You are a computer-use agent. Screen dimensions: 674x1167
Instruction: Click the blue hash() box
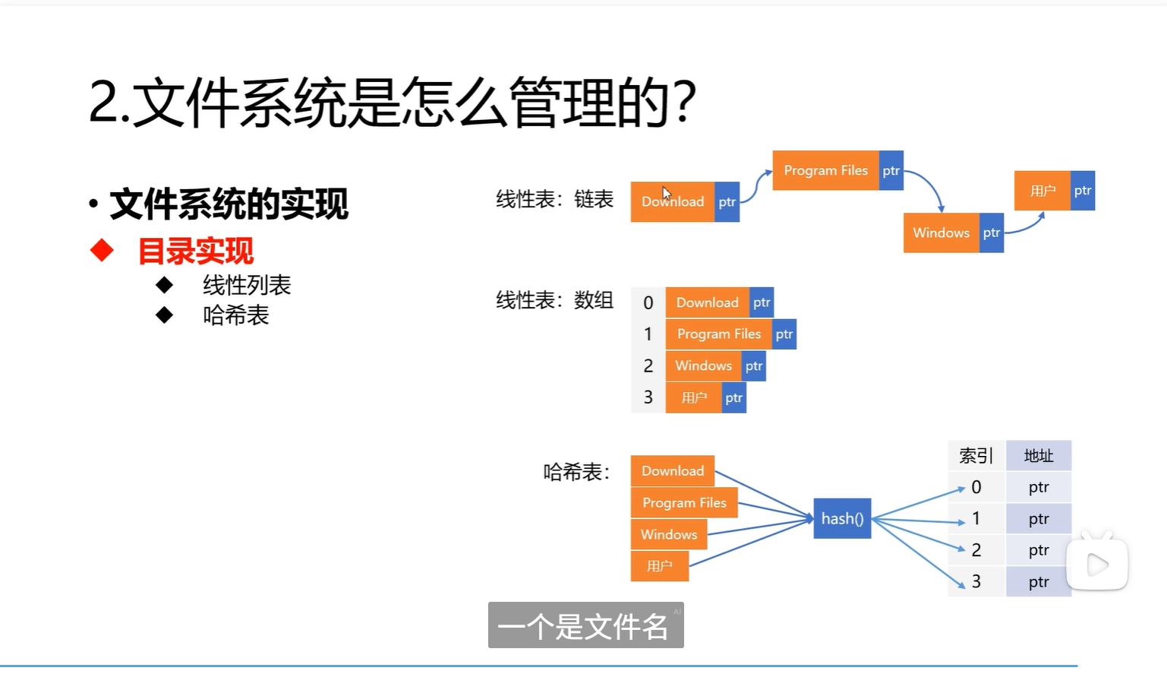point(842,518)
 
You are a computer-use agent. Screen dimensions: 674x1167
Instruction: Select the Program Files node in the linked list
point(825,170)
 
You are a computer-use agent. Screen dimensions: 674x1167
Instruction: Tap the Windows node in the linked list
point(941,233)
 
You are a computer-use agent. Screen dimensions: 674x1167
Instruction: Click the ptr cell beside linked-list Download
point(727,201)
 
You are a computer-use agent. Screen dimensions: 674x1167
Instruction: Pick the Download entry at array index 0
point(707,302)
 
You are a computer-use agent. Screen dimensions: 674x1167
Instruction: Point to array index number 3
point(648,397)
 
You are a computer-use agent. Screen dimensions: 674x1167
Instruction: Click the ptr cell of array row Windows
point(753,365)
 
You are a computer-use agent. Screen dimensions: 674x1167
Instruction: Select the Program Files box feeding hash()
point(684,502)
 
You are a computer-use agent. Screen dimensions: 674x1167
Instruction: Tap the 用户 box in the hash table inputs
point(659,566)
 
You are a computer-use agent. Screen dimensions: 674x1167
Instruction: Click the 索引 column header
point(976,456)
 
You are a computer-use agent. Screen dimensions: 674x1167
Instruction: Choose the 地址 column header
point(1038,456)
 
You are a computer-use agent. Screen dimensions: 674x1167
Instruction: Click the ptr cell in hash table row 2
point(1038,550)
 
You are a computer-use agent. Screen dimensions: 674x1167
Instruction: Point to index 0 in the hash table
point(976,487)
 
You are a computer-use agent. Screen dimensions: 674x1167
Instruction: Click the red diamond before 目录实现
point(102,250)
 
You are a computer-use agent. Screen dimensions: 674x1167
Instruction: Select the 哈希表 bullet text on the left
point(236,315)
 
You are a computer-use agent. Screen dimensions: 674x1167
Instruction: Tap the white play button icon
point(1097,565)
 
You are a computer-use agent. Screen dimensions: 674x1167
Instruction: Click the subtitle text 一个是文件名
point(583,626)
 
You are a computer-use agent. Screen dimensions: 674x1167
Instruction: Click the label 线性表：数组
point(554,300)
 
